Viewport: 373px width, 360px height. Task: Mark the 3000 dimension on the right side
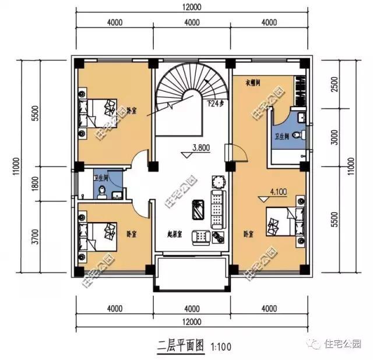[x=334, y=142]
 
